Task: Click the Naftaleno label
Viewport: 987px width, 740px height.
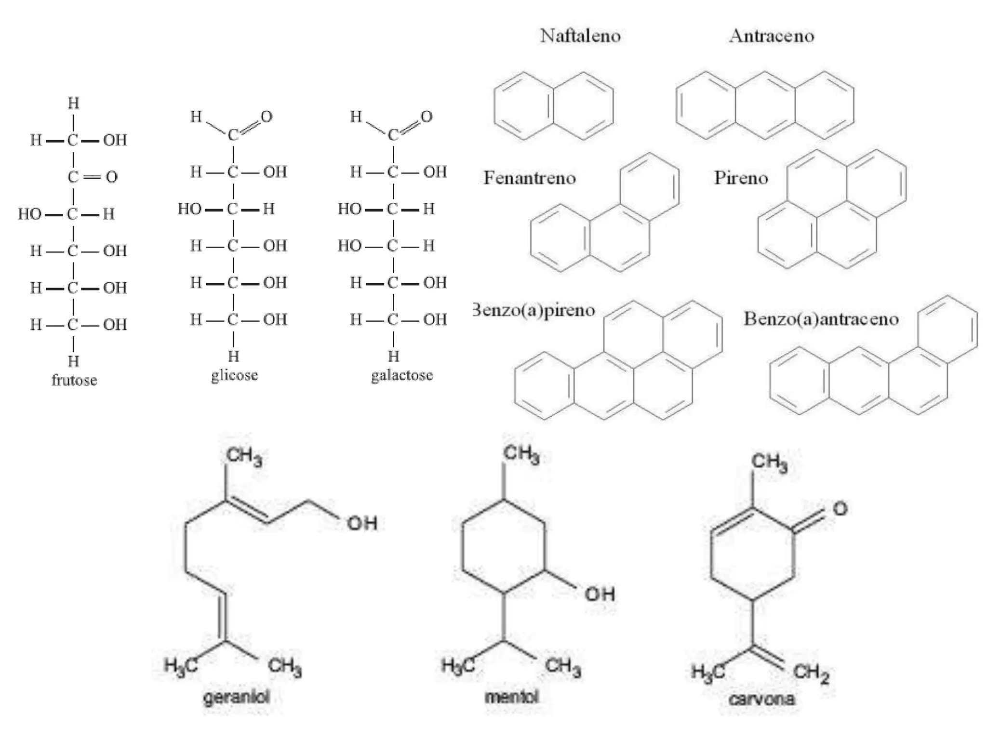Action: pyautogui.click(x=580, y=36)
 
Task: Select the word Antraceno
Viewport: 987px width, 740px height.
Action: pyautogui.click(x=772, y=36)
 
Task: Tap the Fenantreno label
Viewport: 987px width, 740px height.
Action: pyautogui.click(x=530, y=178)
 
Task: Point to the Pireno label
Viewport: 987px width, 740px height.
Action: pyautogui.click(x=741, y=178)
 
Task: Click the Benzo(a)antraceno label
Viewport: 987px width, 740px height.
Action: pyautogui.click(x=821, y=319)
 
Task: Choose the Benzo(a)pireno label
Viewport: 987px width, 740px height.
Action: pyautogui.click(x=534, y=310)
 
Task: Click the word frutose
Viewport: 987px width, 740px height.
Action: pyautogui.click(x=74, y=380)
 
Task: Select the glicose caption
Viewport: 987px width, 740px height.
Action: pyautogui.click(x=234, y=375)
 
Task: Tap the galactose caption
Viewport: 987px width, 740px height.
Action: pyautogui.click(x=401, y=375)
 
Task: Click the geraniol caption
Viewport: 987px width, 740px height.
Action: pyautogui.click(x=236, y=697)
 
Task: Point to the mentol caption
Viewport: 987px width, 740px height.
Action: pyautogui.click(x=511, y=697)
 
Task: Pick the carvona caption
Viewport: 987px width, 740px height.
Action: pyautogui.click(x=761, y=699)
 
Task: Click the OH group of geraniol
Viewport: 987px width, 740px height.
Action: pyautogui.click(x=362, y=523)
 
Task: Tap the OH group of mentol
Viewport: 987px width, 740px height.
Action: pyautogui.click(x=600, y=594)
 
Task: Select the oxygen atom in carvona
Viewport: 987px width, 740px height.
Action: pyautogui.click(x=840, y=509)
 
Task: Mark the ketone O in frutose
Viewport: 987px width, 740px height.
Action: pyautogui.click(x=112, y=177)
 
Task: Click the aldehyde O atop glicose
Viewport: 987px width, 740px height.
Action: pyautogui.click(x=267, y=116)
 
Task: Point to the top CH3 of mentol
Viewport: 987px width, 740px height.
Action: pyautogui.click(x=521, y=454)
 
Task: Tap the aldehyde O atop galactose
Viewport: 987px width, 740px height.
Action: pyautogui.click(x=427, y=116)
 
